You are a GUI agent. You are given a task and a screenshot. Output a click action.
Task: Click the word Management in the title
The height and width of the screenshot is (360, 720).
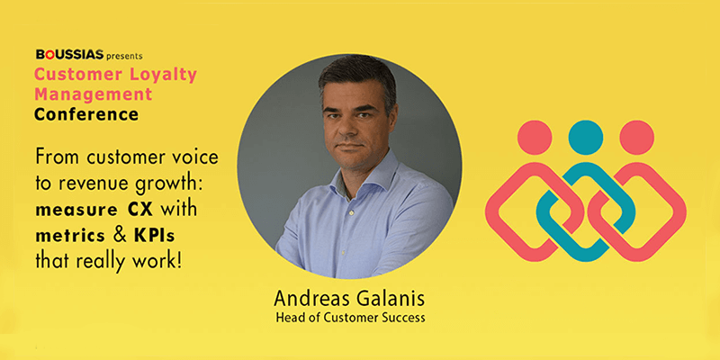pyautogui.click(x=93, y=94)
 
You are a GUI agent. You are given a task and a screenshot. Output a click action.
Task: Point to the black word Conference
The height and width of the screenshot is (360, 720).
pyautogui.click(x=86, y=114)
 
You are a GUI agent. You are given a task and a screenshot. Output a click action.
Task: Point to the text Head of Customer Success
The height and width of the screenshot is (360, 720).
pyautogui.click(x=350, y=318)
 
